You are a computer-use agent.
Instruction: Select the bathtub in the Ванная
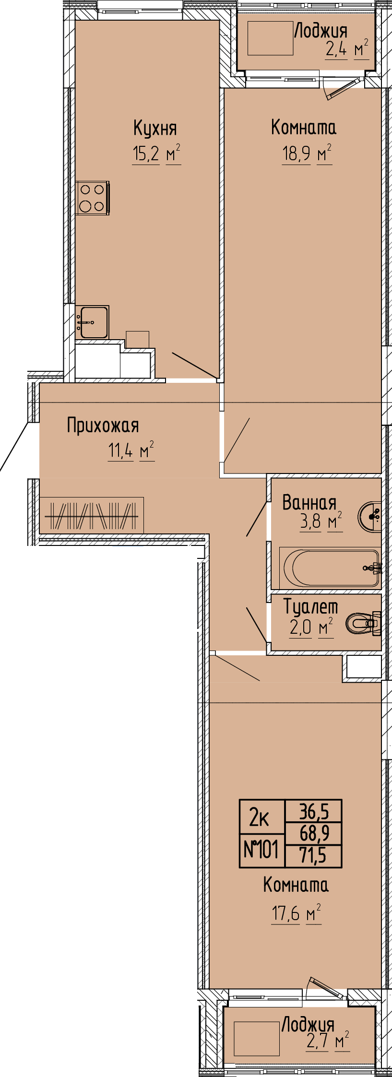coord(330,568)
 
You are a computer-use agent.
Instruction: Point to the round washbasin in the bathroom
coord(370,516)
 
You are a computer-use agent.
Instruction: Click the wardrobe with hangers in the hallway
coord(92,515)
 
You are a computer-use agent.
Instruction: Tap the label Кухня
coord(155,128)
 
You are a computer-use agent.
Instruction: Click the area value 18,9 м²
coord(307,154)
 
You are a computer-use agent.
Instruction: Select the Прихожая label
coord(103,426)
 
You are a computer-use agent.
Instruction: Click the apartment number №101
coord(261,850)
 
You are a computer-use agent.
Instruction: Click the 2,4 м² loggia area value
coord(347,49)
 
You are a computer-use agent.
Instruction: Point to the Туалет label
coord(311,607)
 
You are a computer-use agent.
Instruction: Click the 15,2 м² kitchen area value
coord(156,154)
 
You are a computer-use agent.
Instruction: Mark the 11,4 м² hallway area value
coord(131,451)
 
